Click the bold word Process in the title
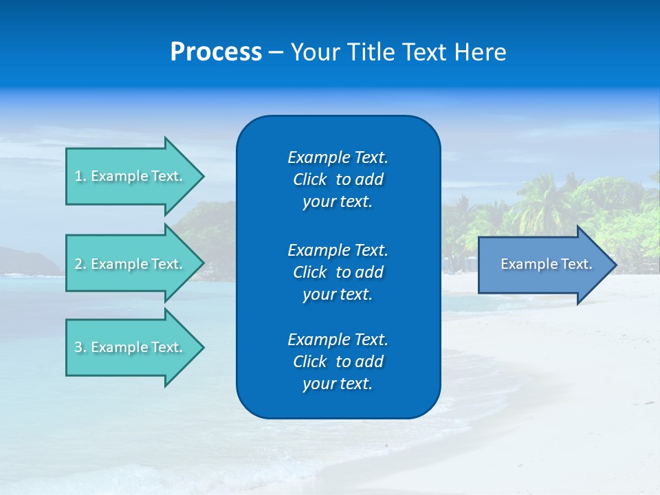[216, 52]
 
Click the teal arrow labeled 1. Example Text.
[131, 176]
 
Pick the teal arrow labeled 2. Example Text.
[131, 264]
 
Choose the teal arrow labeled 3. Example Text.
[131, 347]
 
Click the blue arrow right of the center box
[543, 265]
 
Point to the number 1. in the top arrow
[80, 176]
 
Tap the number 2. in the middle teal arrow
[80, 264]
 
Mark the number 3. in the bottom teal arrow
[80, 347]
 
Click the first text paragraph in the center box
[338, 179]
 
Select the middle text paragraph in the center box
[338, 272]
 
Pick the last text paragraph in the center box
[338, 362]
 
